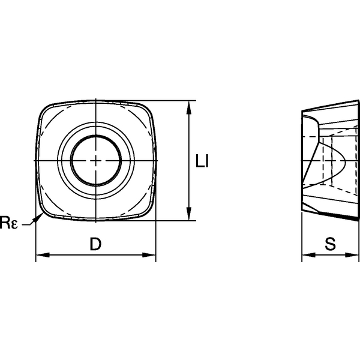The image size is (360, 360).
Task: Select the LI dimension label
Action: click(x=203, y=161)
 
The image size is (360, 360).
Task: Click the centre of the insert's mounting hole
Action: click(x=96, y=160)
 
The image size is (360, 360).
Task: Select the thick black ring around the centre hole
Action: click(x=71, y=160)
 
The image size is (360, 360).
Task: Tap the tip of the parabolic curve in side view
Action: click(x=347, y=160)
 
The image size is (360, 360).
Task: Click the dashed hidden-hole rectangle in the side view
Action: click(x=328, y=160)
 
